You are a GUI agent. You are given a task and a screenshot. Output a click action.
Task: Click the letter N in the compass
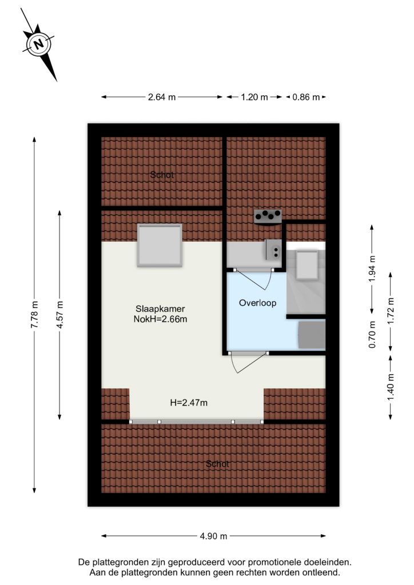pyautogui.click(x=38, y=45)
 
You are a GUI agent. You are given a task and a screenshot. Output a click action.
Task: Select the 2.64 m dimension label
pyautogui.click(x=162, y=97)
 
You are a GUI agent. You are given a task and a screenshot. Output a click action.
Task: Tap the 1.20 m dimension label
pyautogui.click(x=254, y=97)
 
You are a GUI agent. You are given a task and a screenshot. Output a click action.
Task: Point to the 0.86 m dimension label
pyautogui.click(x=306, y=97)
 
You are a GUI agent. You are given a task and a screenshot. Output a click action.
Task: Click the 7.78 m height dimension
pyautogui.click(x=34, y=315)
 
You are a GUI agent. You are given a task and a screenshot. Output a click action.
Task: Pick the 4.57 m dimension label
pyautogui.click(x=59, y=315)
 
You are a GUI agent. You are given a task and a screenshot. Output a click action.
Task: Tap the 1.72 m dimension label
pyautogui.click(x=391, y=311)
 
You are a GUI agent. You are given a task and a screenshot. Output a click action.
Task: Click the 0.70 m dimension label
pyautogui.click(x=372, y=335)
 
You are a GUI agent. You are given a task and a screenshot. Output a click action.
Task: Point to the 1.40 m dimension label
pyautogui.click(x=391, y=387)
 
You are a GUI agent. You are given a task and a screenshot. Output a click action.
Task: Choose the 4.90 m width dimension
pyautogui.click(x=213, y=536)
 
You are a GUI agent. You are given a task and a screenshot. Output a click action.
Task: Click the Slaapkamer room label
pyautogui.click(x=160, y=309)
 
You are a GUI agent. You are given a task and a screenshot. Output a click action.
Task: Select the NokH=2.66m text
pyautogui.click(x=160, y=319)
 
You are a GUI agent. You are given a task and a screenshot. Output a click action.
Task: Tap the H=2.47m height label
pyautogui.click(x=189, y=403)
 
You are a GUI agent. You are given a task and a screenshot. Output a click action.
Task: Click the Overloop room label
pyautogui.click(x=257, y=303)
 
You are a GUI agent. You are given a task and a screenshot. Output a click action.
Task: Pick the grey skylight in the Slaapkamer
pyautogui.click(x=160, y=245)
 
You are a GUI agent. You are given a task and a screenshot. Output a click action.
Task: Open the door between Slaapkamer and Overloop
pyautogui.click(x=248, y=361)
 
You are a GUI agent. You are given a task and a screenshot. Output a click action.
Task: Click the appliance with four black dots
pyautogui.click(x=268, y=217)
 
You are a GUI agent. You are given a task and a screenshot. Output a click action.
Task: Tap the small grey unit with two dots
pyautogui.click(x=273, y=250)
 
